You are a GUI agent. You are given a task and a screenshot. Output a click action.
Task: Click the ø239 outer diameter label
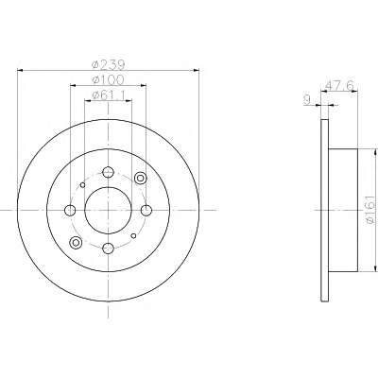(x=108, y=64)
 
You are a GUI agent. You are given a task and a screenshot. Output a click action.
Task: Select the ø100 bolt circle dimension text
(x=108, y=79)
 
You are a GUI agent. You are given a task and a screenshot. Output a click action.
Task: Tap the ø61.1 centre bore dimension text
(x=108, y=94)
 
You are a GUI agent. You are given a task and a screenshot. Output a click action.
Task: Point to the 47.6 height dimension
(x=339, y=85)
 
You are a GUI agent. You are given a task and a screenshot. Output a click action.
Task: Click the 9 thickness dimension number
(x=307, y=100)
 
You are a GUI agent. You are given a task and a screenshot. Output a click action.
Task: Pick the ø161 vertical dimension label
(x=371, y=210)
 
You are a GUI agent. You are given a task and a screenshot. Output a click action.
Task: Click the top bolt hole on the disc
(x=108, y=172)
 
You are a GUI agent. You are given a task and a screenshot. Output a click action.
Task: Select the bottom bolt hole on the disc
(x=108, y=249)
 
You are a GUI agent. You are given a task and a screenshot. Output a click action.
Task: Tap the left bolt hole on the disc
(x=70, y=210)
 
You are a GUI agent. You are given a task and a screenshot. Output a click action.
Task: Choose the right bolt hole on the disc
(x=146, y=210)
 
